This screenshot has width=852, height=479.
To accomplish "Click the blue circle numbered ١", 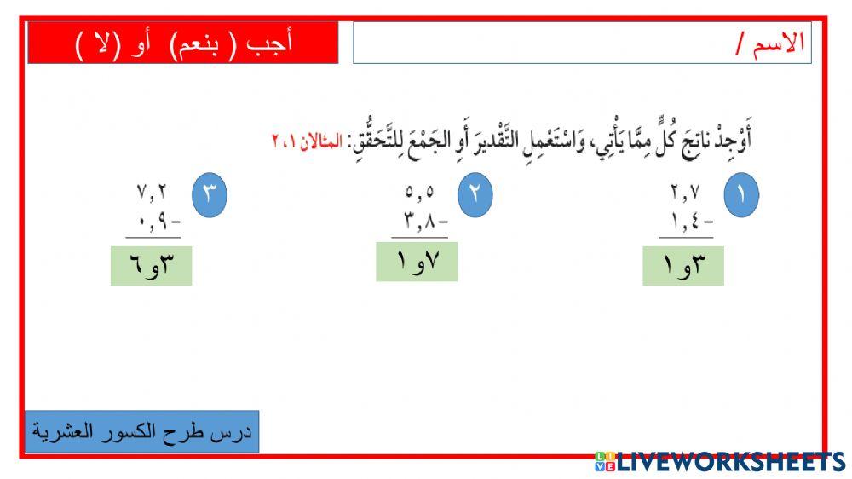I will click(x=741, y=195).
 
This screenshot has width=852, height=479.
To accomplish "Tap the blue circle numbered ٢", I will click(x=475, y=195).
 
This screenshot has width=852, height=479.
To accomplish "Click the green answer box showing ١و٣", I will click(x=682, y=265).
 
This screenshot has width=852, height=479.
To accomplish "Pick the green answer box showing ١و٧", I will click(x=417, y=261).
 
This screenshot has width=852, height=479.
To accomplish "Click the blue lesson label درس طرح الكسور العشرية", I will click(x=141, y=431).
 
